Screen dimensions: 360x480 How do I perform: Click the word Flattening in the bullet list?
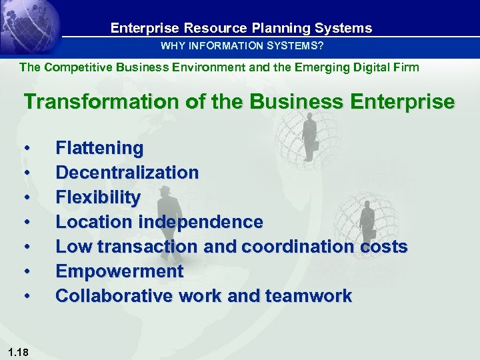coord(99,148)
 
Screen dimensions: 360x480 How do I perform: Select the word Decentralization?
coord(127,173)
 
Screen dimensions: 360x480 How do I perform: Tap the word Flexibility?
coord(98,197)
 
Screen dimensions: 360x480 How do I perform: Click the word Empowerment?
coord(119,271)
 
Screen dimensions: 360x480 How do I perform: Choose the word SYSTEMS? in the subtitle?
coord(293,46)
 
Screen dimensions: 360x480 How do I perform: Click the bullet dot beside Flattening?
coord(27,149)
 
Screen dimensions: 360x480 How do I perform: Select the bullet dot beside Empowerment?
coord(27,272)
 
